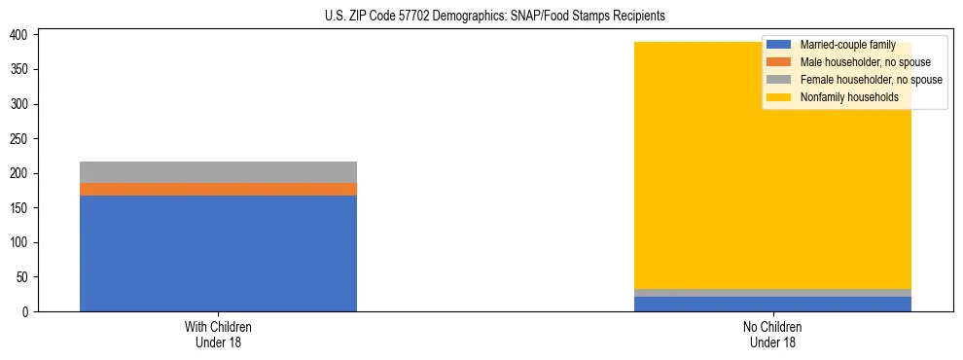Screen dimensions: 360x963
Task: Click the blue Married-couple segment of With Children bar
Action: pos(218,253)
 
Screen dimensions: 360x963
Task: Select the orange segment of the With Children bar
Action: pos(218,189)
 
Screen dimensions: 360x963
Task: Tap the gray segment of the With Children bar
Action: pos(218,172)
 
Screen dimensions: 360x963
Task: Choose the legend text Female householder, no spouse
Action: pos(871,80)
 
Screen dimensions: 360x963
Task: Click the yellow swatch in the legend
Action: pos(779,97)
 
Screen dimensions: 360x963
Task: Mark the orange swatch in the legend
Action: pos(779,62)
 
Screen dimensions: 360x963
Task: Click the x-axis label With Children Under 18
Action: pos(218,335)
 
